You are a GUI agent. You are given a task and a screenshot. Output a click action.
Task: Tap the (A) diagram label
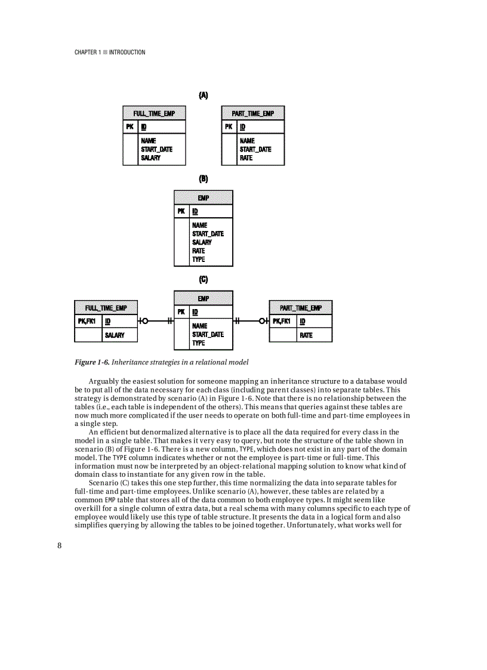[204, 95]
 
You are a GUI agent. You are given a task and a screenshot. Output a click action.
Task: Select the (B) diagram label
[204, 178]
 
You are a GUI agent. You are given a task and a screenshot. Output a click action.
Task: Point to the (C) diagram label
[204, 279]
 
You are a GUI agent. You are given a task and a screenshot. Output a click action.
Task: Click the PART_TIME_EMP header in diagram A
[252, 113]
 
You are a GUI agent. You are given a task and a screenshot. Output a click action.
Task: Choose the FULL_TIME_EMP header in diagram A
[154, 113]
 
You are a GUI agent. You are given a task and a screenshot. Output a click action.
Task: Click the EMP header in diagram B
[204, 197]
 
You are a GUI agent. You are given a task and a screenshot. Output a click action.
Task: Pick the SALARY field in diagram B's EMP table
[202, 242]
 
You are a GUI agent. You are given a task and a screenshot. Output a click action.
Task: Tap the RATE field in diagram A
[246, 158]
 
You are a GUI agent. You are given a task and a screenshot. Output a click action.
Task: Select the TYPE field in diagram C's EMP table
[198, 343]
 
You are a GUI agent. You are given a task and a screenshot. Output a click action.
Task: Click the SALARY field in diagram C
[115, 335]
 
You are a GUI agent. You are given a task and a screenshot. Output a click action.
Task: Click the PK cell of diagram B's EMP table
[181, 211]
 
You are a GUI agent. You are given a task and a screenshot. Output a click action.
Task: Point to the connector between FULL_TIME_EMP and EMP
[155, 321]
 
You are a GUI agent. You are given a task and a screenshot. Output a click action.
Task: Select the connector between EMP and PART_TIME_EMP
[251, 321]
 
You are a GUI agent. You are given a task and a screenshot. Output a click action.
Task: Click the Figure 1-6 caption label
[91, 362]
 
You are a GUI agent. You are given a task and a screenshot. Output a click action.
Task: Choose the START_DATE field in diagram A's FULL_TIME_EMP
[156, 149]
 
